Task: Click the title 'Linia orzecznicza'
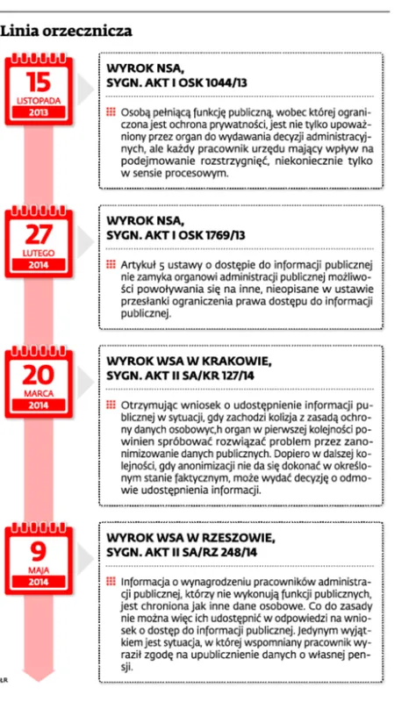pyautogui.click(x=67, y=32)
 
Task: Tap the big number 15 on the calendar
pyautogui.click(x=39, y=83)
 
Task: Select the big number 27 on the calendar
pyautogui.click(x=39, y=234)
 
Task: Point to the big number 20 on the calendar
pyautogui.click(x=39, y=378)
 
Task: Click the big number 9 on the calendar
pyautogui.click(x=39, y=551)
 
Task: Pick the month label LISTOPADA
pyautogui.click(x=39, y=101)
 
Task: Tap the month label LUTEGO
pyautogui.click(x=39, y=252)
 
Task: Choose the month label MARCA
pyautogui.click(x=39, y=395)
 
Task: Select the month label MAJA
pyautogui.click(x=39, y=569)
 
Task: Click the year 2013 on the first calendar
pyautogui.click(x=39, y=113)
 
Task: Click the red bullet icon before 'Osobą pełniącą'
pyautogui.click(x=110, y=113)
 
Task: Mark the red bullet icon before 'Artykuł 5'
pyautogui.click(x=110, y=264)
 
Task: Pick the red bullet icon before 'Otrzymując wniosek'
pyautogui.click(x=110, y=406)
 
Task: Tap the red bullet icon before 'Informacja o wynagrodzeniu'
pyautogui.click(x=110, y=581)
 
